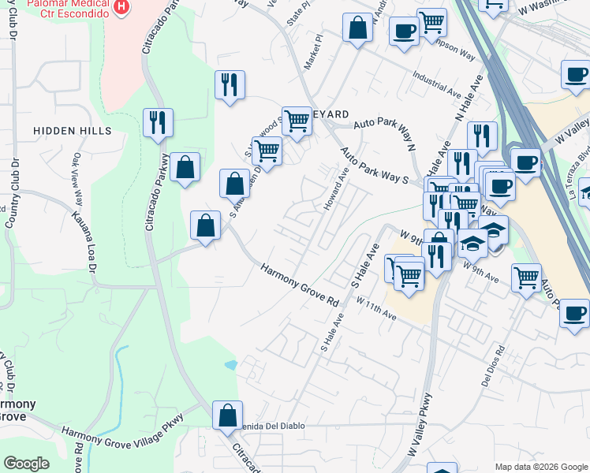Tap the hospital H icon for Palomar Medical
click(x=121, y=8)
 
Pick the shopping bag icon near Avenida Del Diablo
click(x=227, y=415)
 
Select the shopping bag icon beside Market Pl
click(x=358, y=28)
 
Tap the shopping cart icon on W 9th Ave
click(x=526, y=277)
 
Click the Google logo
click(x=26, y=464)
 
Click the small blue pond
click(x=230, y=365)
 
